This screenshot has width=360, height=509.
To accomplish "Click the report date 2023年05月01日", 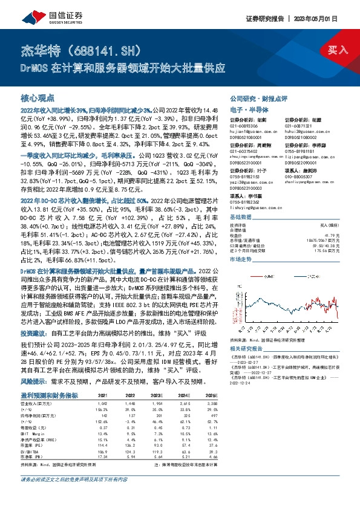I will point(328,19).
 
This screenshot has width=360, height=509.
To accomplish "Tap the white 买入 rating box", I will point(338,49).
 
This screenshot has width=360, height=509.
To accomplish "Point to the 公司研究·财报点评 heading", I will point(253,98).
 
